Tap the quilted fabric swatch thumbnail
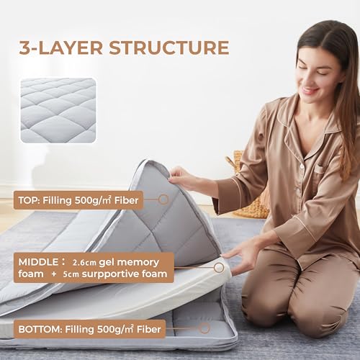click(x=58, y=110)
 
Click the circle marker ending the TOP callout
click(x=163, y=199)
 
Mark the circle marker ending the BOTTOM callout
click(x=204, y=329)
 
